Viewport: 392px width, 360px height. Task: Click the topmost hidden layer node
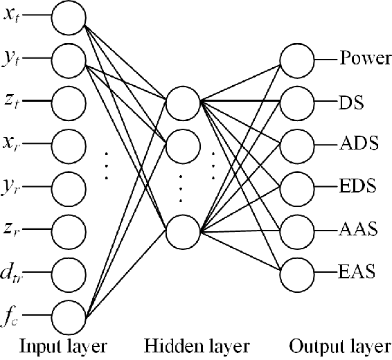point(181,102)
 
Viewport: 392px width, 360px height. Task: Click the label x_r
point(11,145)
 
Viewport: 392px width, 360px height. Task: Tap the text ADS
point(358,145)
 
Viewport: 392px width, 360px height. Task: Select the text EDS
point(358,187)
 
